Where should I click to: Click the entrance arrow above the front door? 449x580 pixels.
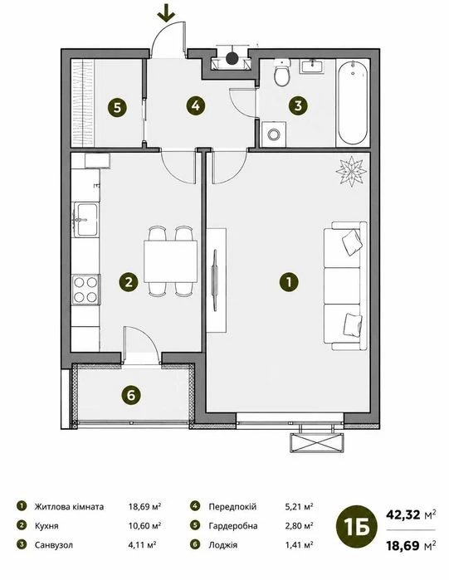pos(166,13)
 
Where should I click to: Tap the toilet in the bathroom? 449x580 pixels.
pos(281,73)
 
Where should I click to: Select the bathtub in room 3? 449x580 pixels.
pos(354,102)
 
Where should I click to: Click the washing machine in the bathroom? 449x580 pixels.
pos(274,134)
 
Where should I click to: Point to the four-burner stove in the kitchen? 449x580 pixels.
pos(85,290)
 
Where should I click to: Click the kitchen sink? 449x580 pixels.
pos(85,220)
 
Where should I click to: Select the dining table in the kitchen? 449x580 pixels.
pos(170,261)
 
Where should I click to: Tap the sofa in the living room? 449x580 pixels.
pos(345,285)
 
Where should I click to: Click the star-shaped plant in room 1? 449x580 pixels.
pos(351,171)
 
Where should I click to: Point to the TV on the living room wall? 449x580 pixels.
pos(214,279)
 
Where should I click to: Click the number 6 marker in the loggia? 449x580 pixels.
pos(131,396)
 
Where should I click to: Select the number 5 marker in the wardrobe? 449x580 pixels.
pos(117,108)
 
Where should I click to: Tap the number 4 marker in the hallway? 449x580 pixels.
pos(196,105)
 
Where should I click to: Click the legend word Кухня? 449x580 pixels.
pos(46,525)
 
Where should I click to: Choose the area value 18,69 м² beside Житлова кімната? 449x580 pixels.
pos(144,506)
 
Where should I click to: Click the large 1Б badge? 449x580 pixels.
pos(357,526)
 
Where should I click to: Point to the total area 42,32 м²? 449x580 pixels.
pos(411,514)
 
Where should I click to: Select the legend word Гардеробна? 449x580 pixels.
pos(233,525)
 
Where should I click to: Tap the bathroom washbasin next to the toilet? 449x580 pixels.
pos(312,66)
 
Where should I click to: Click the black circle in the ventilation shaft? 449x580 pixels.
pos(232,58)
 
